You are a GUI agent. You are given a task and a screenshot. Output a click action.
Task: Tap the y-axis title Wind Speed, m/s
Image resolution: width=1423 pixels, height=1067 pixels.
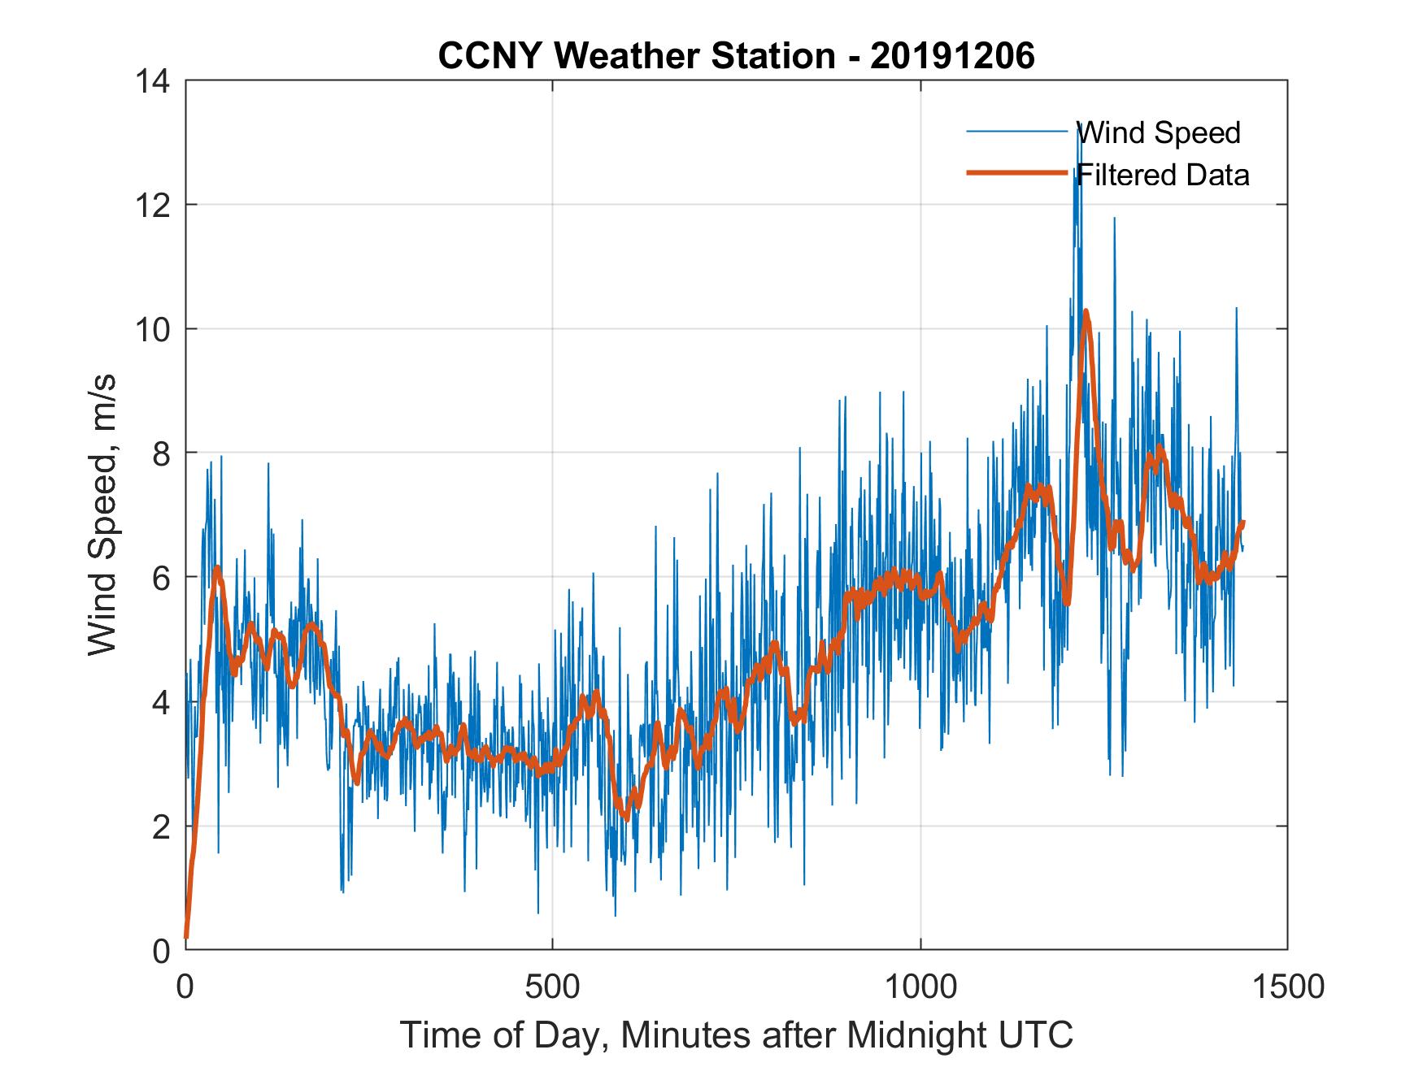[x=102, y=514]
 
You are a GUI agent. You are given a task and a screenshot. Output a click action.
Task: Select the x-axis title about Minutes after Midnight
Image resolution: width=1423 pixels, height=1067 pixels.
[x=736, y=1034]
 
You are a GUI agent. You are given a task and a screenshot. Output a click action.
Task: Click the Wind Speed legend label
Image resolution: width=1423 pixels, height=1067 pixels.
[x=1159, y=132]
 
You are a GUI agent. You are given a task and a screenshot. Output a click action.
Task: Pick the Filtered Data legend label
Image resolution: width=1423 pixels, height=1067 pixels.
[x=1163, y=175]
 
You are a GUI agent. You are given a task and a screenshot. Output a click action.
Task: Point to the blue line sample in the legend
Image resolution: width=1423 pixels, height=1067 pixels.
[x=1016, y=132]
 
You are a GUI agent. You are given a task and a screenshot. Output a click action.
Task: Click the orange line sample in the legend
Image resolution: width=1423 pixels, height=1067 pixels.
[x=1016, y=173]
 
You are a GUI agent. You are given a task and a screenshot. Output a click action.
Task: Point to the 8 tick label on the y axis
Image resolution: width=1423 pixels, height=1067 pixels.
[x=162, y=453]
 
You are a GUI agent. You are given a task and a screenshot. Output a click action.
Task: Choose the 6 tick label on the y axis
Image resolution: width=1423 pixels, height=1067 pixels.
[x=162, y=577]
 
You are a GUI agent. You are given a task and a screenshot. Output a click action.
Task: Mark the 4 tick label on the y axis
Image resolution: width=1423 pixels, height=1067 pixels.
[x=162, y=701]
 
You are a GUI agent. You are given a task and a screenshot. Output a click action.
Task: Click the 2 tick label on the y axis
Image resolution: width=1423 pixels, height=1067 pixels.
[x=162, y=826]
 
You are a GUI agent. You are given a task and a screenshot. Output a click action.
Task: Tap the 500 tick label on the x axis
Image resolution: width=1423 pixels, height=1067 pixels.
[x=552, y=987]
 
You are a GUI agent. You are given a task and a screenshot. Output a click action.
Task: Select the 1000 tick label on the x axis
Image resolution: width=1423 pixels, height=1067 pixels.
[x=920, y=987]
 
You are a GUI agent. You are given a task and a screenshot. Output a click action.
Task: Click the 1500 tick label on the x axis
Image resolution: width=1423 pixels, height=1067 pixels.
[x=1288, y=987]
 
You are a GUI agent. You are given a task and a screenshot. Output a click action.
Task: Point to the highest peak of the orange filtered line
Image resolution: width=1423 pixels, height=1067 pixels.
[x=1086, y=311]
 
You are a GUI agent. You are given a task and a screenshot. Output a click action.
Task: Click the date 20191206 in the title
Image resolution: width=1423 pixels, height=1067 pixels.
[x=952, y=56]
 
